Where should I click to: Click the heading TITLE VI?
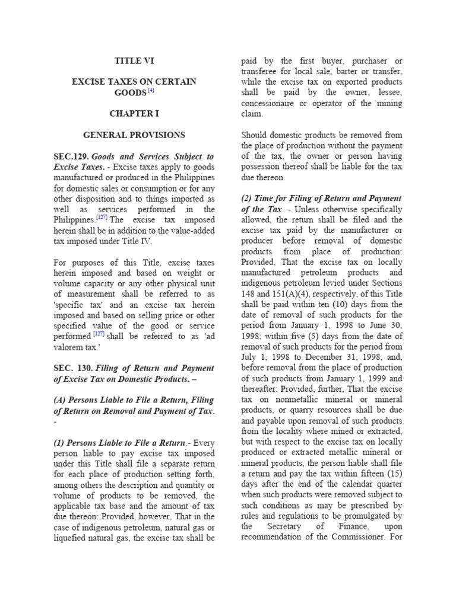pos(134,60)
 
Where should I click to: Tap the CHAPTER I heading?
pos(134,113)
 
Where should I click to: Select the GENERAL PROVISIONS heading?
pos(134,135)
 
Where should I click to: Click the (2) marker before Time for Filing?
pos(248,198)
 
